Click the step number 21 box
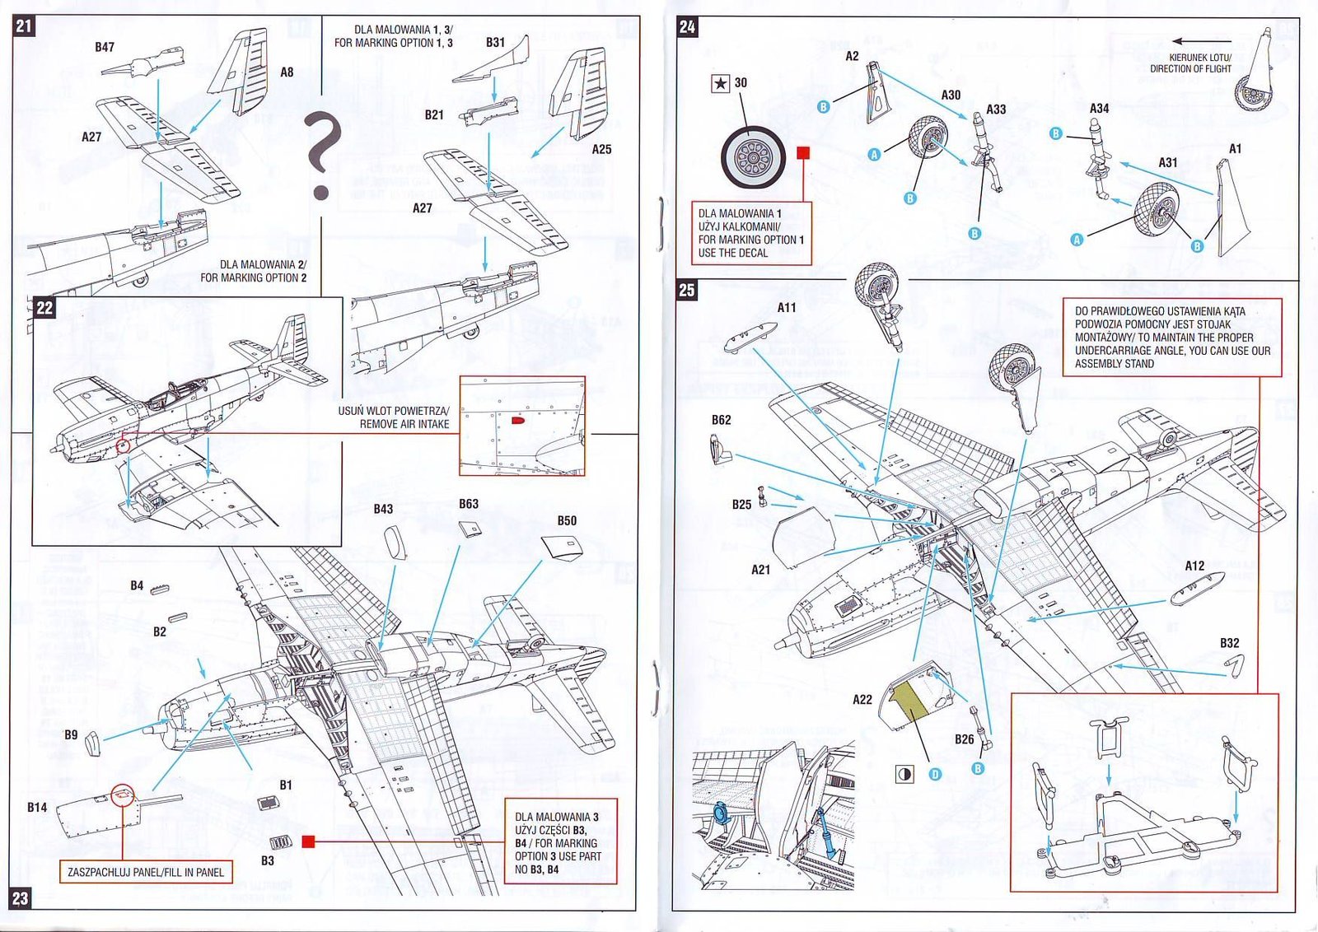[x=24, y=26]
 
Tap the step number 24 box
[x=687, y=26]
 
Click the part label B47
[x=105, y=47]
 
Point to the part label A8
[x=287, y=72]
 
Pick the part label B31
[x=495, y=42]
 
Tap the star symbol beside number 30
[x=721, y=83]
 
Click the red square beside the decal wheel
[x=804, y=152]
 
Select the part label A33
[x=996, y=110]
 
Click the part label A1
[x=1235, y=149]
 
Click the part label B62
[x=721, y=420]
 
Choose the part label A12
[x=1194, y=566]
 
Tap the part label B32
[x=1229, y=643]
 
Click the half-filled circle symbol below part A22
[x=904, y=774]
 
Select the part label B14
[x=37, y=807]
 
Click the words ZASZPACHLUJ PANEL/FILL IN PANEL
[x=146, y=872]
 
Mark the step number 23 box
[x=21, y=897]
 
